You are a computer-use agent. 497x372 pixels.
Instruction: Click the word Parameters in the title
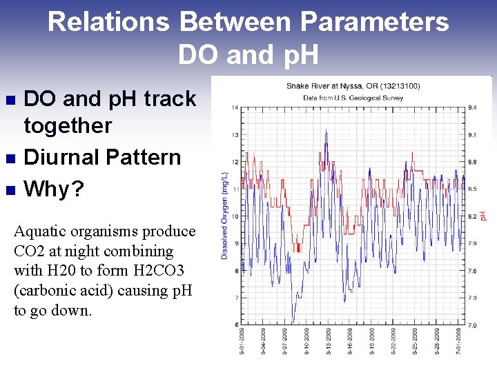click(x=374, y=22)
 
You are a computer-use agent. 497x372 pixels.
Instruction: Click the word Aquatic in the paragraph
click(x=40, y=231)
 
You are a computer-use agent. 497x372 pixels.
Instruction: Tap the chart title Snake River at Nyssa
click(x=353, y=86)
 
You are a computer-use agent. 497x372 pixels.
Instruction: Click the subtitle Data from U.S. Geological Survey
click(x=353, y=99)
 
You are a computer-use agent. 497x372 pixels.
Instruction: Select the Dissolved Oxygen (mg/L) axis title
click(x=225, y=216)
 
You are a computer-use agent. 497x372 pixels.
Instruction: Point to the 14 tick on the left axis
click(x=235, y=107)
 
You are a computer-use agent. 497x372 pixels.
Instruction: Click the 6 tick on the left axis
click(x=237, y=324)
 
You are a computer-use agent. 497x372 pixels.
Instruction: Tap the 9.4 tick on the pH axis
click(x=472, y=107)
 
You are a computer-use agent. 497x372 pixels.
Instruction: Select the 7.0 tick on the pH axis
click(x=472, y=324)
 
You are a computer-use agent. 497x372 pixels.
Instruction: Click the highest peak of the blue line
click(x=326, y=130)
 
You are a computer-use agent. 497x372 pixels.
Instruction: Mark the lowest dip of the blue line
click(x=293, y=322)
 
